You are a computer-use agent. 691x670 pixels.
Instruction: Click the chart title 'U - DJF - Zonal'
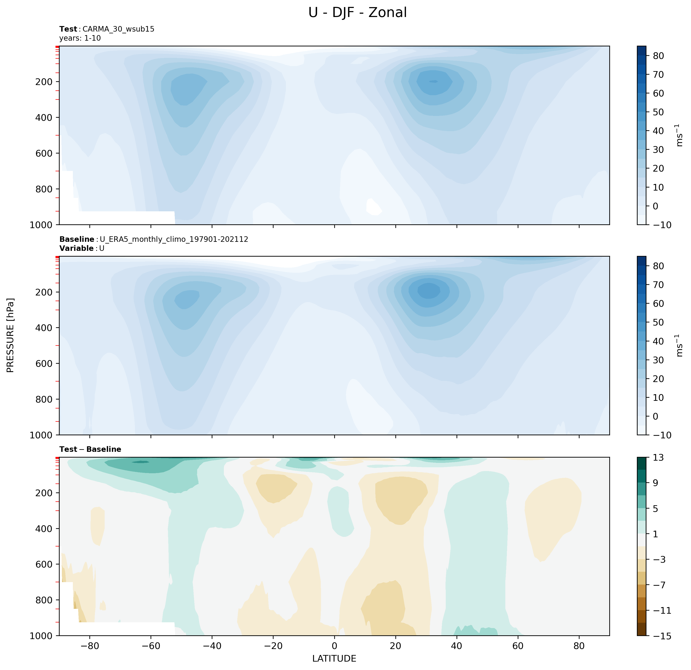point(357,13)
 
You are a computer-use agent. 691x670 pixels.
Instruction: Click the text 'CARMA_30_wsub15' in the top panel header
point(119,29)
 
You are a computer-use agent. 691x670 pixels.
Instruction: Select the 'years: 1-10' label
point(80,38)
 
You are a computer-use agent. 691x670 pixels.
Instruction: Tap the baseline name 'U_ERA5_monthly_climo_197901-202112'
point(174,239)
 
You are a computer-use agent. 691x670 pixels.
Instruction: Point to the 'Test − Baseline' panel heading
point(90,449)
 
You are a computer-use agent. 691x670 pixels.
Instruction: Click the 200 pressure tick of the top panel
point(44,82)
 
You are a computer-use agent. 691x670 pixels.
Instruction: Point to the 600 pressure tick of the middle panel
point(44,363)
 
